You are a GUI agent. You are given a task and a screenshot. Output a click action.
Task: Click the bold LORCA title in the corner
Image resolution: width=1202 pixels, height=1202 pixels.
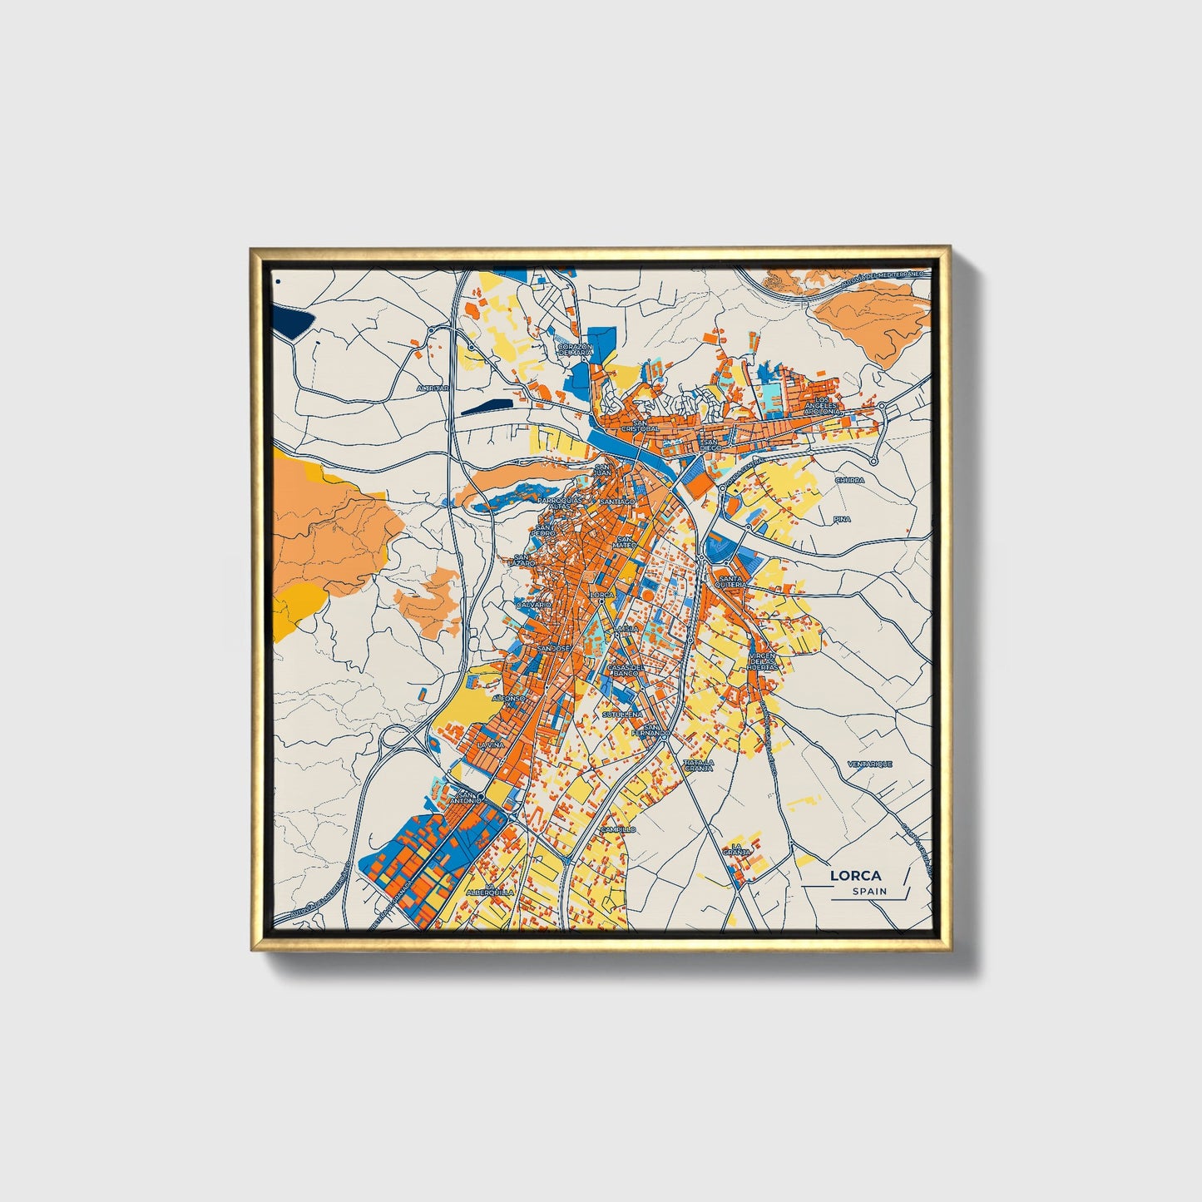[x=856, y=876]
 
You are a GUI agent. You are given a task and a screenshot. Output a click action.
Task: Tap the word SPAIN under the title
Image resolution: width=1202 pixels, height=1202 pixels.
[x=869, y=891]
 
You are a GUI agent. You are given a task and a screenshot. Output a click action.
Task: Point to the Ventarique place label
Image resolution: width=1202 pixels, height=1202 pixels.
[x=869, y=764]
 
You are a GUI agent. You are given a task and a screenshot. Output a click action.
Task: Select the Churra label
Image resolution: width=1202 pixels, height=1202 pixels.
[x=849, y=480]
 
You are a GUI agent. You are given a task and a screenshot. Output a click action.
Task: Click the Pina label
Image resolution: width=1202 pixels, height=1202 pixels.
[x=842, y=519]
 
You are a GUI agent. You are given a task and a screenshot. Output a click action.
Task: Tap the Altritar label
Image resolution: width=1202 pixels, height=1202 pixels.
[x=433, y=388]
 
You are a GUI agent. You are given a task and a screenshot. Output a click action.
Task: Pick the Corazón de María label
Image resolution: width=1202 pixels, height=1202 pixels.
[x=575, y=349]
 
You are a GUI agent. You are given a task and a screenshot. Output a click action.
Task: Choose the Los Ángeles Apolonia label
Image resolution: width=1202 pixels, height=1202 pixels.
[x=822, y=406]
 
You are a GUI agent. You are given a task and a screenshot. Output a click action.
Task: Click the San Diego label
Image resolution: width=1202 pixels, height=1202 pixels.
[x=710, y=444]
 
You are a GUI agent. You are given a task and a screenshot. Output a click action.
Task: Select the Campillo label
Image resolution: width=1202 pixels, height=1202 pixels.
[x=618, y=829]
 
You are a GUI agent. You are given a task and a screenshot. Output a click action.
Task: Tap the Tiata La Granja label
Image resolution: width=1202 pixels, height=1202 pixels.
[x=698, y=765]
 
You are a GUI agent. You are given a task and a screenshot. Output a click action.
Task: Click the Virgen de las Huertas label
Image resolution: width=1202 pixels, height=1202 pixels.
[x=762, y=661]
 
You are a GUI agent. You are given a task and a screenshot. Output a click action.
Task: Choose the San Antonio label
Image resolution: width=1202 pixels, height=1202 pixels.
[x=467, y=797]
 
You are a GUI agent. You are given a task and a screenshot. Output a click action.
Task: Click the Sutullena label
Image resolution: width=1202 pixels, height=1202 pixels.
[x=622, y=714]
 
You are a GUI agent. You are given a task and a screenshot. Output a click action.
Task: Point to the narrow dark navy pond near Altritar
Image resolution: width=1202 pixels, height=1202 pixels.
[x=487, y=407]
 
